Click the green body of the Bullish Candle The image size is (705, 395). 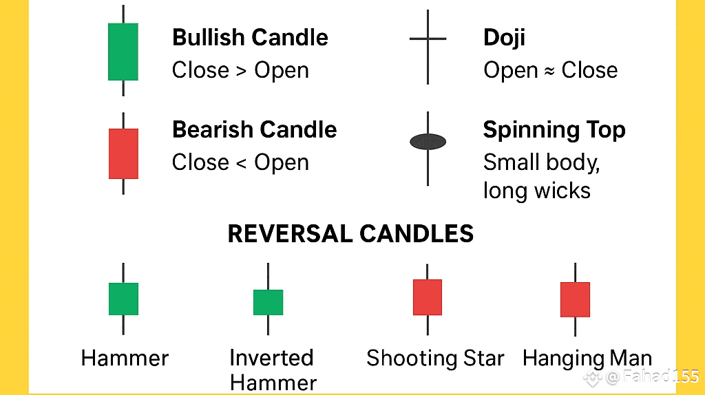123,52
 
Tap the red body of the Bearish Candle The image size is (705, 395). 123,153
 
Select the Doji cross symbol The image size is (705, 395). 428,39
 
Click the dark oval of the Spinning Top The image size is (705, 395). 428,142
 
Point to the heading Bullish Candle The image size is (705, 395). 250,37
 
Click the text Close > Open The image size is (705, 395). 240,70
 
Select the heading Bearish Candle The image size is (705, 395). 254,129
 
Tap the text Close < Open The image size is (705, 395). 240,162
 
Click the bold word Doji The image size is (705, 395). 504,37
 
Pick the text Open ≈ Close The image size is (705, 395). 550,70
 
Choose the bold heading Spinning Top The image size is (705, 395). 554,129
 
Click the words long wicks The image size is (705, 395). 537,190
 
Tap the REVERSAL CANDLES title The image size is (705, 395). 350,234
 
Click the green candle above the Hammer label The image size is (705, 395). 123,299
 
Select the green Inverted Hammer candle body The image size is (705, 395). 268,302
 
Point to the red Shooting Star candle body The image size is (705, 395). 428,297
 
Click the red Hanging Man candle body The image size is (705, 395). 575,299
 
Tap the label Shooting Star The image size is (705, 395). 435,358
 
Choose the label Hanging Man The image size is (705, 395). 587,358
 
